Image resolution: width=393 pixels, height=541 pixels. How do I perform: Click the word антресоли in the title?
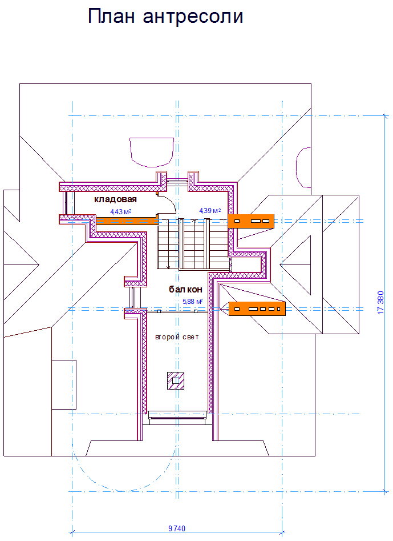click(x=193, y=17)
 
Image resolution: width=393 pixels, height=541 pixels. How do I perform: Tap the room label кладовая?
click(x=116, y=199)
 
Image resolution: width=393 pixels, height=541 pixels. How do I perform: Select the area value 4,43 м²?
click(x=121, y=212)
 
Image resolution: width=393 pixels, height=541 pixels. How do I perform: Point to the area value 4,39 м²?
click(x=209, y=211)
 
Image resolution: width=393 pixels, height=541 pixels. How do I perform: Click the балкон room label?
click(x=185, y=290)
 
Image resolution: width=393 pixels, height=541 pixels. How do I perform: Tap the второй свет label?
click(x=177, y=337)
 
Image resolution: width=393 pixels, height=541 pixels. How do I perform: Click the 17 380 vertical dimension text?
click(x=380, y=303)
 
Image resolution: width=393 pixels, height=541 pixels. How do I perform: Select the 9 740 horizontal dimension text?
click(x=177, y=528)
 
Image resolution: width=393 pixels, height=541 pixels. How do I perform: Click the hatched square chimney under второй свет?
click(x=176, y=380)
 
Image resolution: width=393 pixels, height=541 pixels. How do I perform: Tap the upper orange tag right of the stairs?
click(x=251, y=221)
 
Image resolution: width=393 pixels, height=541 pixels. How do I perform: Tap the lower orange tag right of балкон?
click(x=256, y=308)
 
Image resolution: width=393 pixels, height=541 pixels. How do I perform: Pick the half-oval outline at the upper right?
click(x=303, y=167)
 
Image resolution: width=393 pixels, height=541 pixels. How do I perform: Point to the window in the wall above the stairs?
click(x=177, y=182)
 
